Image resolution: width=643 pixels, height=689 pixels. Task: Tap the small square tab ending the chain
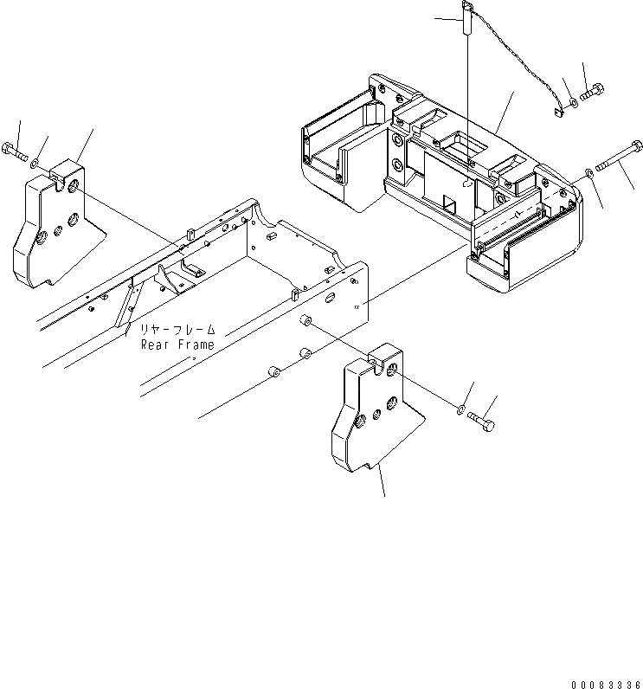559,111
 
